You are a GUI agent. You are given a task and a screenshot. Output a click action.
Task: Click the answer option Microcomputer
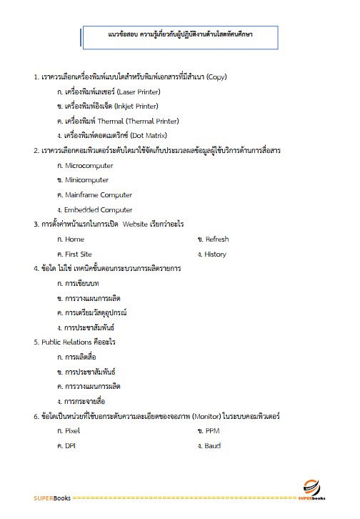coord(89,165)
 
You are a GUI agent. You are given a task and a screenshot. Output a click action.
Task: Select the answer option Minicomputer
coord(86,180)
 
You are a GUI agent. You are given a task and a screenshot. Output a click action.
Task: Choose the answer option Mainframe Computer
coord(98,195)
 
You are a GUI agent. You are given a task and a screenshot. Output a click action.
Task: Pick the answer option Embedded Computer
coord(98,210)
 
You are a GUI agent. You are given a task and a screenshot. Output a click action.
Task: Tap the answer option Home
coord(74,239)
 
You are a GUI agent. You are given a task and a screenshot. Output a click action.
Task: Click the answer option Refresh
coord(216,239)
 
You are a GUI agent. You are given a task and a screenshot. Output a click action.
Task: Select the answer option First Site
coord(78,254)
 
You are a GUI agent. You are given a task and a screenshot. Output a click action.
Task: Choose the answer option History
coord(215,254)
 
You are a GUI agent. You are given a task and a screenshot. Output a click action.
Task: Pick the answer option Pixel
coord(72,431)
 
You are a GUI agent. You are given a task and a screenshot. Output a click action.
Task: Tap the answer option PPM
coord(212,431)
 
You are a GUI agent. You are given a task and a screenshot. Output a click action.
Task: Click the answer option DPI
coord(70,446)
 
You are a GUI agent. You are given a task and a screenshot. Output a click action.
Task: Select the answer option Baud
coord(213,446)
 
